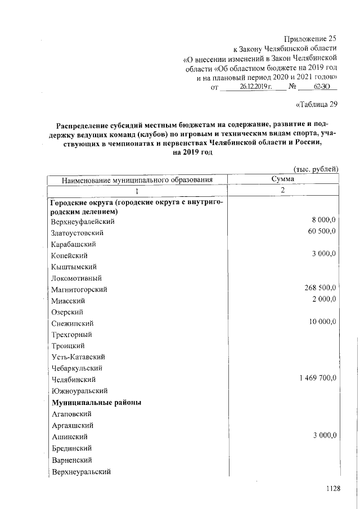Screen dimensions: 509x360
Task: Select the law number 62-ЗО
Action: [322, 87]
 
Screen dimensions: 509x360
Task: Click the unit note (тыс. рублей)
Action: [316, 168]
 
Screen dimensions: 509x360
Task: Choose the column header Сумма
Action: [283, 179]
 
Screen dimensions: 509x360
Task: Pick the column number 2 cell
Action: [283, 190]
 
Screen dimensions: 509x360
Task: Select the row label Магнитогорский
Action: [79, 289]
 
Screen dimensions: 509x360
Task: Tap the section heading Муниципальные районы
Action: [96, 402]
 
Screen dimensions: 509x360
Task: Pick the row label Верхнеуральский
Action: [80, 471]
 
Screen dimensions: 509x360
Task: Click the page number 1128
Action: [334, 489]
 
